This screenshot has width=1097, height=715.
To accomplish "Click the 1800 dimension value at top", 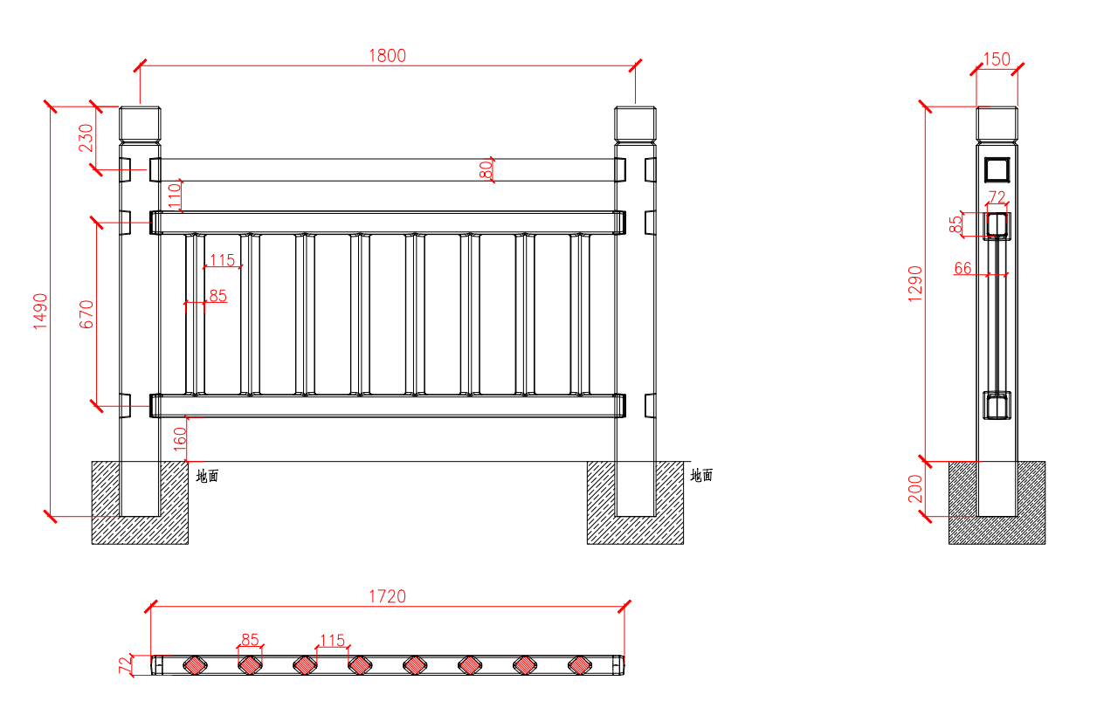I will tap(387, 56).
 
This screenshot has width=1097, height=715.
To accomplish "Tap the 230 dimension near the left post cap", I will tap(86, 137).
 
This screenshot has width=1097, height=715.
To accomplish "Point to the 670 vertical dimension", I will tap(86, 314).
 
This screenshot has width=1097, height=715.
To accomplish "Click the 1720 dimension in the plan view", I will tap(387, 597).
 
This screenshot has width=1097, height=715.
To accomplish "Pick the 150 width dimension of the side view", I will tap(997, 60).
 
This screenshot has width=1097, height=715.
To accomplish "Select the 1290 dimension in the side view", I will tap(915, 284).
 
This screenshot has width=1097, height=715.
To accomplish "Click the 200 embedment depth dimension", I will tap(915, 489).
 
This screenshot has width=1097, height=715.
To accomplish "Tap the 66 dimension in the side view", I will tap(962, 268).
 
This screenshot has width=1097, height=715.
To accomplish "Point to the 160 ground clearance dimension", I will tap(180, 438).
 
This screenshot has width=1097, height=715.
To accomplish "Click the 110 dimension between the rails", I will tap(176, 196).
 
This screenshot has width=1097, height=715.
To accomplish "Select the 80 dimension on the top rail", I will tap(486, 169).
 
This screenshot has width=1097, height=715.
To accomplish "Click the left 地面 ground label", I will tap(207, 476).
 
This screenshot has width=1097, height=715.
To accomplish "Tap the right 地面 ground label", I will tap(701, 476).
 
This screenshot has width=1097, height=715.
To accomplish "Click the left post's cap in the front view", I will tap(140, 124).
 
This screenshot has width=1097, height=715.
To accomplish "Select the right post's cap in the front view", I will tap(635, 124).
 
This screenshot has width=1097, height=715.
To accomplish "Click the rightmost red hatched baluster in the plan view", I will tap(579, 665).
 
